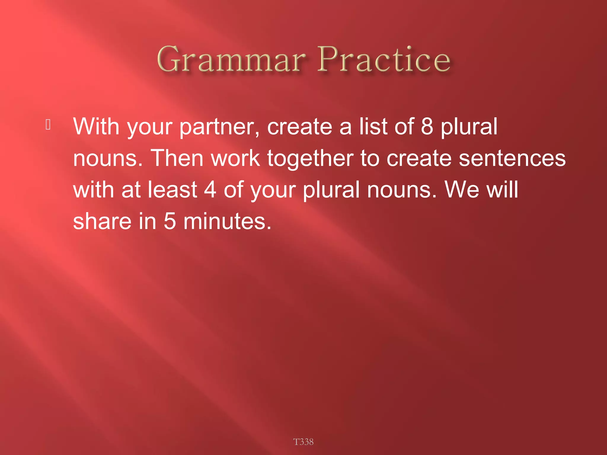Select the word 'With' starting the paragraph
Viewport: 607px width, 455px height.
pos(96,126)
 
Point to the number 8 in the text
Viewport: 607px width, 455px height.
pos(427,126)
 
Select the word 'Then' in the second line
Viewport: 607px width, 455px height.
pos(177,158)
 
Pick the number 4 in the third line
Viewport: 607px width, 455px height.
pos(210,190)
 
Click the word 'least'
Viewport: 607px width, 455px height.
pos(172,190)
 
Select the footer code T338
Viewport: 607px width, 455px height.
pos(303,442)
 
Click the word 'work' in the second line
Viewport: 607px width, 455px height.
pos(235,158)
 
